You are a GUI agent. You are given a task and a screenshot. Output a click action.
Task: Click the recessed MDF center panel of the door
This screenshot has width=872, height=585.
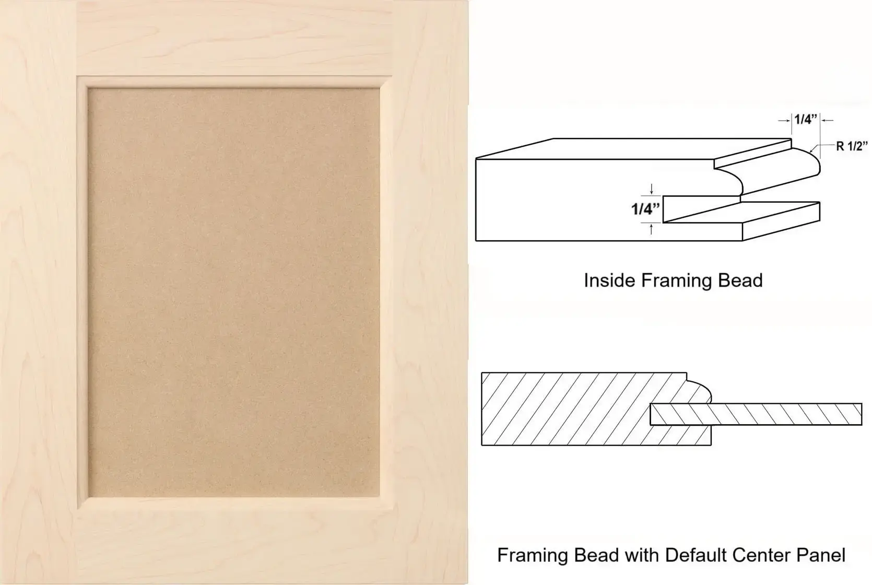(233, 292)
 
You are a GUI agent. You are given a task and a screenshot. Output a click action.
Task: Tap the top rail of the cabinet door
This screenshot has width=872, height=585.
(233, 38)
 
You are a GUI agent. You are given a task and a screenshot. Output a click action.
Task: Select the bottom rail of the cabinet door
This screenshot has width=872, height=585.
(233, 545)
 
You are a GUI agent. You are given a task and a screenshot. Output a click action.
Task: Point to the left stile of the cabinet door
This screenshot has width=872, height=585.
(38, 292)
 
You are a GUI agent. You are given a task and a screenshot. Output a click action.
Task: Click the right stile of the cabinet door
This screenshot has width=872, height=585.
(430, 292)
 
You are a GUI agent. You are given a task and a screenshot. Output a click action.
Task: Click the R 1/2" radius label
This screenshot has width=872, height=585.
(852, 146)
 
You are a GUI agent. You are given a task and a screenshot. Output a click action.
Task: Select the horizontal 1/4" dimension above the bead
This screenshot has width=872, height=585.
(806, 119)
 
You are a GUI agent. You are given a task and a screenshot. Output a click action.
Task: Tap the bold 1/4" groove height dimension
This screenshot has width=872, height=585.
(645, 209)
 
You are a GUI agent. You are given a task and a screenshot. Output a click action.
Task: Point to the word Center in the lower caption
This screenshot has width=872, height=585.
(762, 555)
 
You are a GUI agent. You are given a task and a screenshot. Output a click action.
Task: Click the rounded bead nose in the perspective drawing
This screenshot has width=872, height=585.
(811, 163)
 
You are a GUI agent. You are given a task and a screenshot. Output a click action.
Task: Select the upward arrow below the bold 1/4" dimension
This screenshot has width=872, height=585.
(651, 229)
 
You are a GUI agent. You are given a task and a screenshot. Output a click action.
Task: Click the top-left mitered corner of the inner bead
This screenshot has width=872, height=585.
(83, 82)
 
